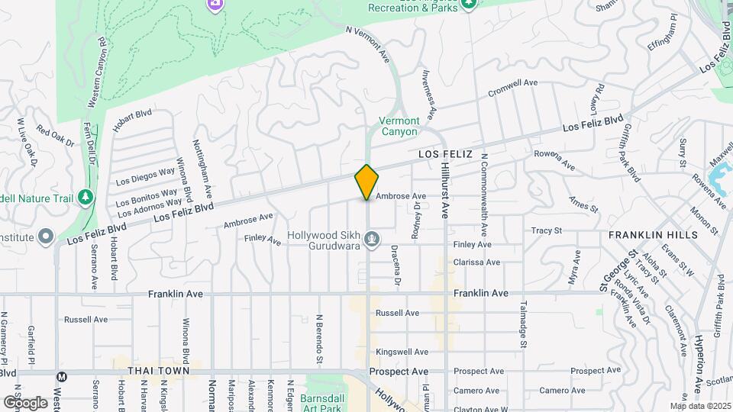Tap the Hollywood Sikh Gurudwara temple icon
372,240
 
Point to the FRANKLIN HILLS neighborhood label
653,235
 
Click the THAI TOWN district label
157,371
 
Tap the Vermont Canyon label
399,127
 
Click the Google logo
24,401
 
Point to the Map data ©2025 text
700,406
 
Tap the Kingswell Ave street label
397,352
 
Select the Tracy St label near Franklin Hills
547,230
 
